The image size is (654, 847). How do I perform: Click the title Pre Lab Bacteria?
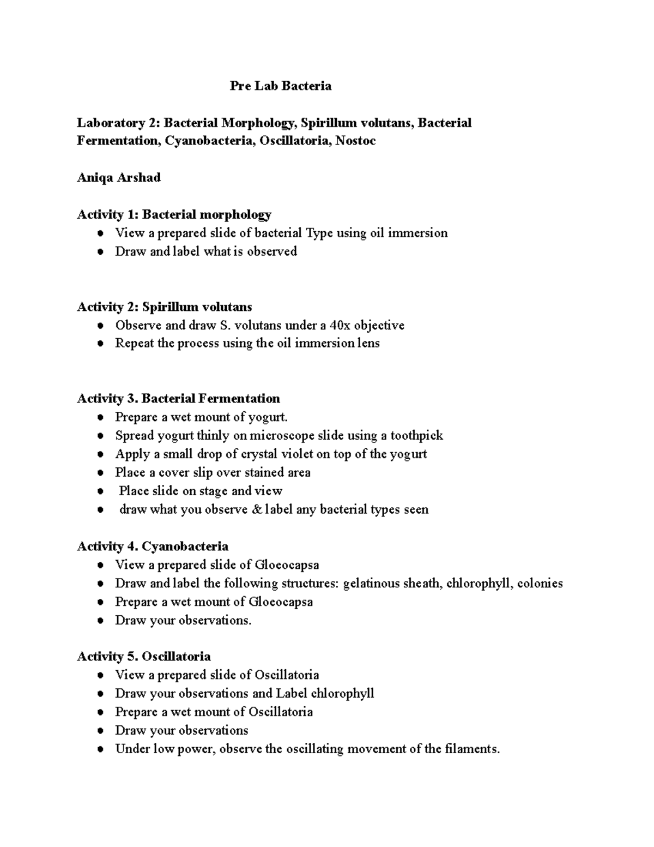click(x=280, y=86)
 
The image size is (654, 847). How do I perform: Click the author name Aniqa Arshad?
click(x=118, y=178)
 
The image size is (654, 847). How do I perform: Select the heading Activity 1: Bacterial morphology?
click(x=174, y=214)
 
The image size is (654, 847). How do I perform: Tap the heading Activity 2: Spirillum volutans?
click(x=164, y=307)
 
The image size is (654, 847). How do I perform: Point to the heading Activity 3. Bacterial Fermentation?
click(x=178, y=399)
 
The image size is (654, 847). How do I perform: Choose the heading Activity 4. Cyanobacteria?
click(x=153, y=546)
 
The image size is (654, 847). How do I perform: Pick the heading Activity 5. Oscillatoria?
click(x=144, y=657)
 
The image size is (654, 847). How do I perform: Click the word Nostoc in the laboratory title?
click(x=355, y=141)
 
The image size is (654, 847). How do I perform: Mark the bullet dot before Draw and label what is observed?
click(x=100, y=252)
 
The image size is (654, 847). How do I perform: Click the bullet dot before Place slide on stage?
click(x=100, y=491)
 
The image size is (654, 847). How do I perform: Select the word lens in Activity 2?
click(x=368, y=344)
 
